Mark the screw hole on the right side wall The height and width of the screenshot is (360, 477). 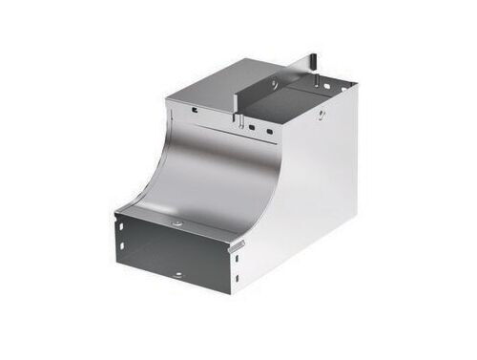(x=321, y=116)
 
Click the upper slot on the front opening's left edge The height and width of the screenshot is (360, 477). (x=122, y=230)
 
